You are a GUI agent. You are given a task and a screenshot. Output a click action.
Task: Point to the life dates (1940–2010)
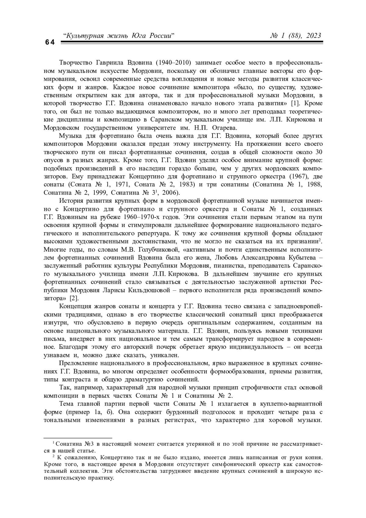point(174,63)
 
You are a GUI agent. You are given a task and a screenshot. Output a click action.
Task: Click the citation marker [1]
point(296,103)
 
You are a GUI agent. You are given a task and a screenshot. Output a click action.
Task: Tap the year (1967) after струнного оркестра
point(300,176)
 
